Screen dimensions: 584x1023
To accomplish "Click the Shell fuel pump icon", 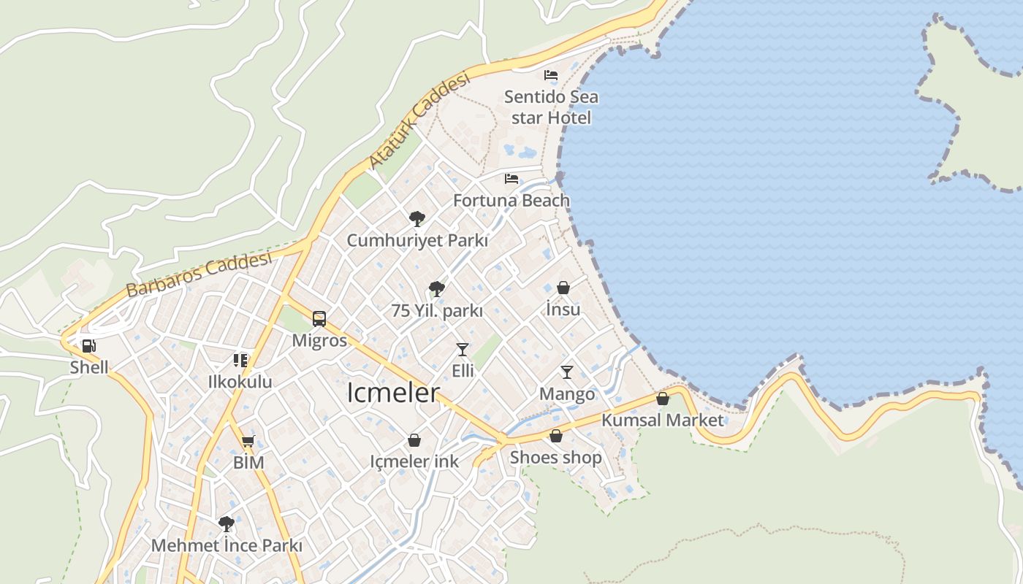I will point(88,346).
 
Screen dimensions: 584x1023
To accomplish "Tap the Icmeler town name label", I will point(393,393).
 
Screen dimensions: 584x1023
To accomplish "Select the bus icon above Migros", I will point(319,319).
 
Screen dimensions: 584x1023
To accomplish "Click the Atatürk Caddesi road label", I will point(419,120).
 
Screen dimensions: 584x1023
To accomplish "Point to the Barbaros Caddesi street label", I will point(199,274).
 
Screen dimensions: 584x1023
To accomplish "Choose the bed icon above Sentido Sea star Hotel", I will point(551,75).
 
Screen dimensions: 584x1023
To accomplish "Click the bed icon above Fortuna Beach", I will point(512,179).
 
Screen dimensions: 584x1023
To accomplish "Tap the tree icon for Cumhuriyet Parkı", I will point(417,218).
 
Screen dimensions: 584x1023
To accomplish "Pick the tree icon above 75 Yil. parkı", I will point(437,289).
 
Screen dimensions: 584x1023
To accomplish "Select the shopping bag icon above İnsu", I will point(563,288).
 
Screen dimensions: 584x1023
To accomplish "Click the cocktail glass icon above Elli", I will point(463,350).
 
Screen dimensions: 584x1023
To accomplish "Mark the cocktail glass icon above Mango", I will point(567,372).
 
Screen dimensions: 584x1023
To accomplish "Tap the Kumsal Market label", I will point(662,420).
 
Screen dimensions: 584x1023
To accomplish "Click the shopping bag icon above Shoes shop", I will point(556,437).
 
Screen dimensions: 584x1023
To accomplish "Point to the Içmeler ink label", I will point(414,461).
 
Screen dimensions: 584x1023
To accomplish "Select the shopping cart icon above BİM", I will point(248,441).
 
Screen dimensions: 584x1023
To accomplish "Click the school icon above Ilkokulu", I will point(240,361).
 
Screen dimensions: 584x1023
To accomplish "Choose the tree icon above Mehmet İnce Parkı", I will point(227,523).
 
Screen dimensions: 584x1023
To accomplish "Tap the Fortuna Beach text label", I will point(512,200).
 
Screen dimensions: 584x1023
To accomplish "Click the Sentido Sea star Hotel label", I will point(551,107).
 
